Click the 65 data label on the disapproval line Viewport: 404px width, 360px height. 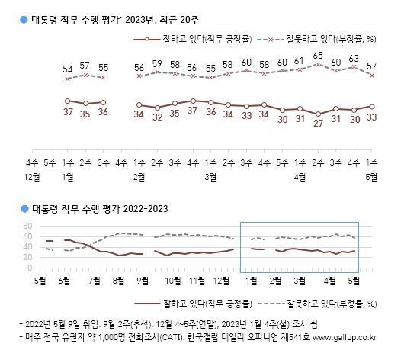[317, 56]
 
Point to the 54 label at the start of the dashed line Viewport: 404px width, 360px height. [67, 69]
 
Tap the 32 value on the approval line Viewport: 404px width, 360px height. [156, 118]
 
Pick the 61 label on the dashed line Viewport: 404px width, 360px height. [300, 61]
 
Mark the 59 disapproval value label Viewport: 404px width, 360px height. [156, 63]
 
